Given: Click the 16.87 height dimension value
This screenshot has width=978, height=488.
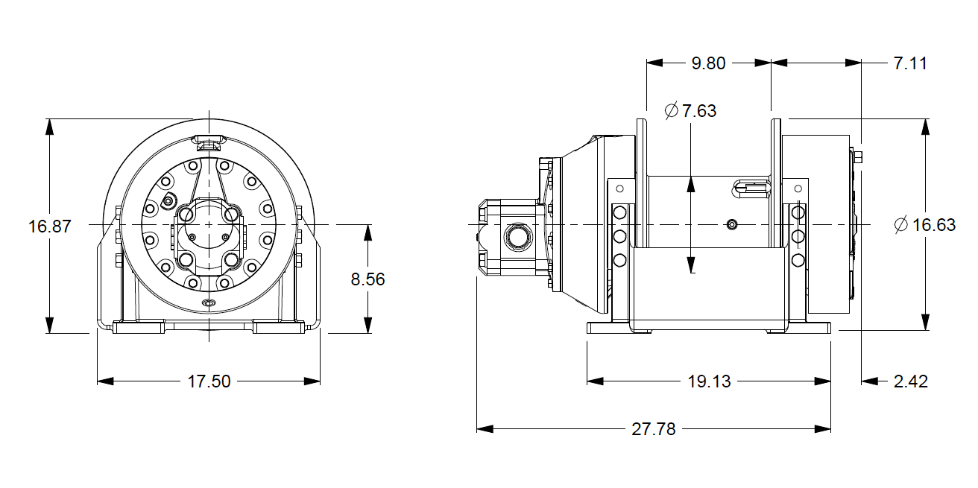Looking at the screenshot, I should (x=50, y=226).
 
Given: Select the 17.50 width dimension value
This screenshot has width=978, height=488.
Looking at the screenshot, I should (x=209, y=381).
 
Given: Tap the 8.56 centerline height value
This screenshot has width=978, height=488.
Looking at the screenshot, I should (x=367, y=279).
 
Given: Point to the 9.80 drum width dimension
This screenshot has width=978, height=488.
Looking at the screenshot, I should (x=708, y=63).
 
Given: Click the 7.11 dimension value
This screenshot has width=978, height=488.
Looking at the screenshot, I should (x=910, y=63).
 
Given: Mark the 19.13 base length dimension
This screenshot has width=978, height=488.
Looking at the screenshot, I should (x=709, y=381).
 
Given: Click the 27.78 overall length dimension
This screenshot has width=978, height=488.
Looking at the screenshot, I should (x=654, y=429).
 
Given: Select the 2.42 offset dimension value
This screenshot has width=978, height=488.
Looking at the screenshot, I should (x=910, y=381).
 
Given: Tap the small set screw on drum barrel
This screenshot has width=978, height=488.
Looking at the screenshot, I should (x=732, y=224).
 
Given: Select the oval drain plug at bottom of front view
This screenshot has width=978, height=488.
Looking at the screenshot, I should (x=209, y=302).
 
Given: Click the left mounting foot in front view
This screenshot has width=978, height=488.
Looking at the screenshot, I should (x=138, y=326).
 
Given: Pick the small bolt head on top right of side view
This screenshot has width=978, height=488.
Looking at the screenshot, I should (x=859, y=157).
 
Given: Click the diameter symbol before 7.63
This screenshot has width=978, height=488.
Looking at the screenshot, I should (x=671, y=111).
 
